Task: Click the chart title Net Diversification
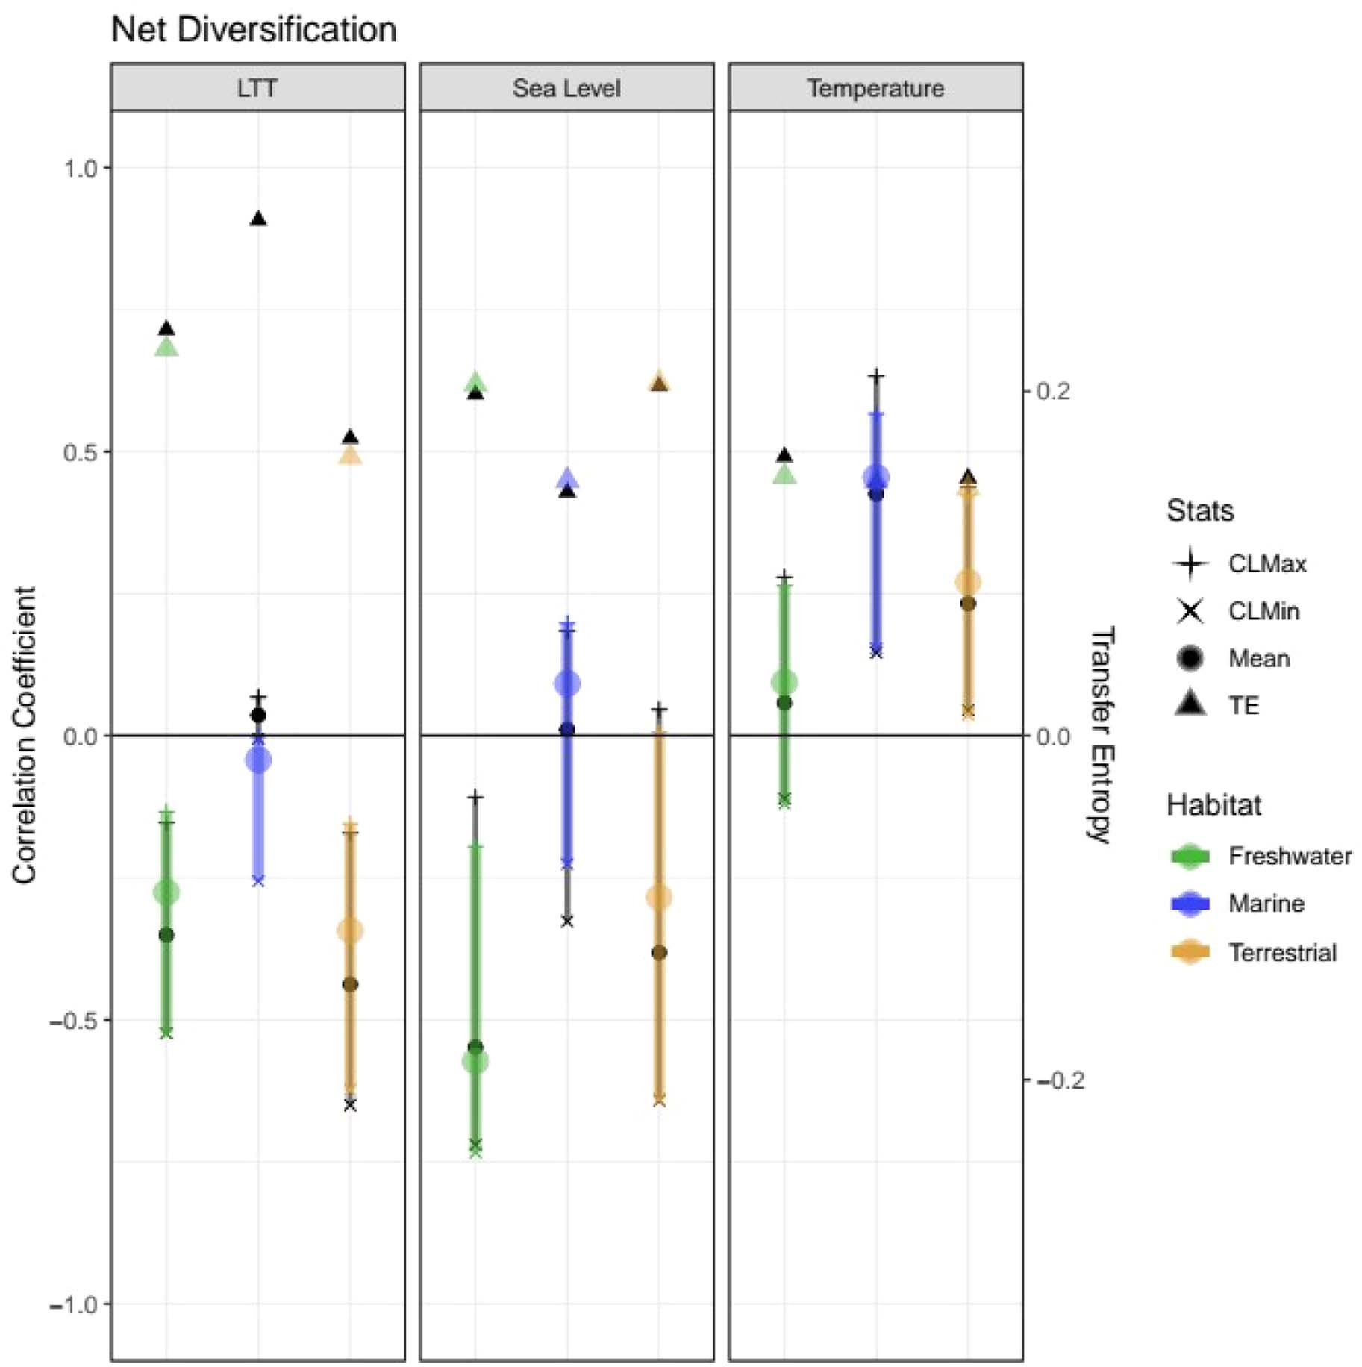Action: (x=254, y=31)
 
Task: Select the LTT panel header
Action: (x=257, y=88)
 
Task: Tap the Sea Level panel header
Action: (x=566, y=88)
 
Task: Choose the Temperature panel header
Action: (x=875, y=88)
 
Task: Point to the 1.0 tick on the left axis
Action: (x=81, y=168)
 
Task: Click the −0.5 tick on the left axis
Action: (x=75, y=1020)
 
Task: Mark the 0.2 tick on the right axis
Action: (x=1053, y=390)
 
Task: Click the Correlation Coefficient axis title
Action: (x=24, y=735)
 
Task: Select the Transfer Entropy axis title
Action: (x=1102, y=735)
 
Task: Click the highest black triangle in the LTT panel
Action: (x=258, y=219)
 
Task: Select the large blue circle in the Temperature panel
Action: (x=876, y=478)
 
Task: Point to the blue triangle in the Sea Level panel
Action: (x=567, y=478)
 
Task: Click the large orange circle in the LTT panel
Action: (x=350, y=930)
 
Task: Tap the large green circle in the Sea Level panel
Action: (x=475, y=1061)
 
